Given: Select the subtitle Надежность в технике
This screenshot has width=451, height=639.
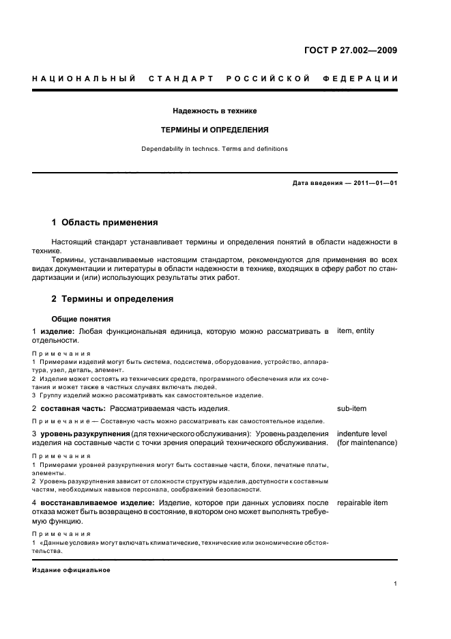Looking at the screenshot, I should point(214,110).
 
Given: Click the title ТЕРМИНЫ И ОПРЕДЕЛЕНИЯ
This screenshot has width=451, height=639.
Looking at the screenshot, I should point(214,129).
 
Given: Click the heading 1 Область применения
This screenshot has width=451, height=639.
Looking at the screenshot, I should point(104,223).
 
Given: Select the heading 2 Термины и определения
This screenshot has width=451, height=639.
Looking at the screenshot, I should point(113,299).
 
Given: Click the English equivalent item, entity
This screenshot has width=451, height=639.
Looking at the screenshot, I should point(355,331).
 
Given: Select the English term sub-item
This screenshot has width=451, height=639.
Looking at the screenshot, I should point(351,408).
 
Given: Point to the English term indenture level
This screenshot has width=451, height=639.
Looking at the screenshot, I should point(362,434).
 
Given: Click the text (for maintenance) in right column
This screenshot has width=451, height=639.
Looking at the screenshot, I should point(367,443).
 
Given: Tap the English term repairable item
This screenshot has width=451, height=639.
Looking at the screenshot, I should point(362,503).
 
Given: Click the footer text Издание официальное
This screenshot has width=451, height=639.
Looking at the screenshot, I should point(71,569).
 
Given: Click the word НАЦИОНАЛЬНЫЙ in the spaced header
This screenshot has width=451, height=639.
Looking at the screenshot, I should point(83,79).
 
